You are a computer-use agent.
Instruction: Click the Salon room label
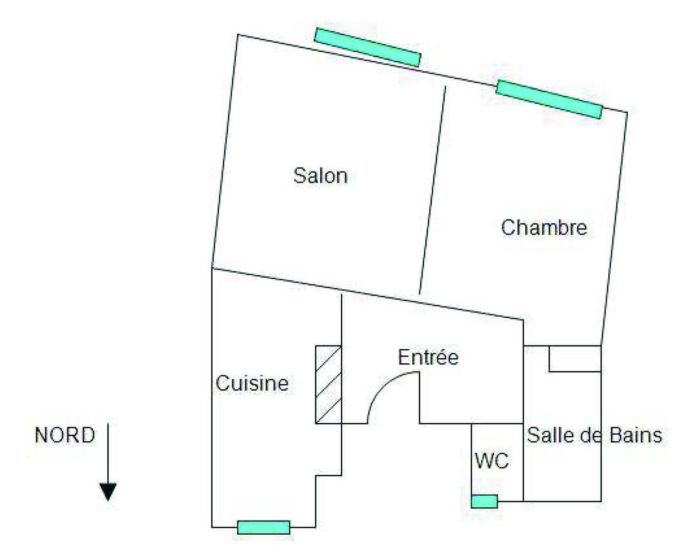click(320, 176)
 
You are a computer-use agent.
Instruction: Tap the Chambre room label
click(544, 227)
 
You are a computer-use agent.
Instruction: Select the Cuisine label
click(252, 383)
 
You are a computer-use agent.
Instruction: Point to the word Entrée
click(428, 357)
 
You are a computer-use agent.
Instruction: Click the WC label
click(492, 460)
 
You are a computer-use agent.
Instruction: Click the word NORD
click(65, 435)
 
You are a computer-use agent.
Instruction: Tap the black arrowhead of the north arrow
click(108, 492)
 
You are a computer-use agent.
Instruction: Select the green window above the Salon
click(368, 47)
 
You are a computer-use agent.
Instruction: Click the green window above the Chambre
click(549, 100)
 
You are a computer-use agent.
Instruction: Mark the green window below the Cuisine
click(264, 527)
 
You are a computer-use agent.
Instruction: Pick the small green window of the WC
click(484, 501)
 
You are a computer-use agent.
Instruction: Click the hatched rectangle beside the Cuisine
click(328, 384)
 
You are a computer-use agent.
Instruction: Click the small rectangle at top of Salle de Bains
click(575, 359)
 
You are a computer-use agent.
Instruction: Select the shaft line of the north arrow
click(108, 452)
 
